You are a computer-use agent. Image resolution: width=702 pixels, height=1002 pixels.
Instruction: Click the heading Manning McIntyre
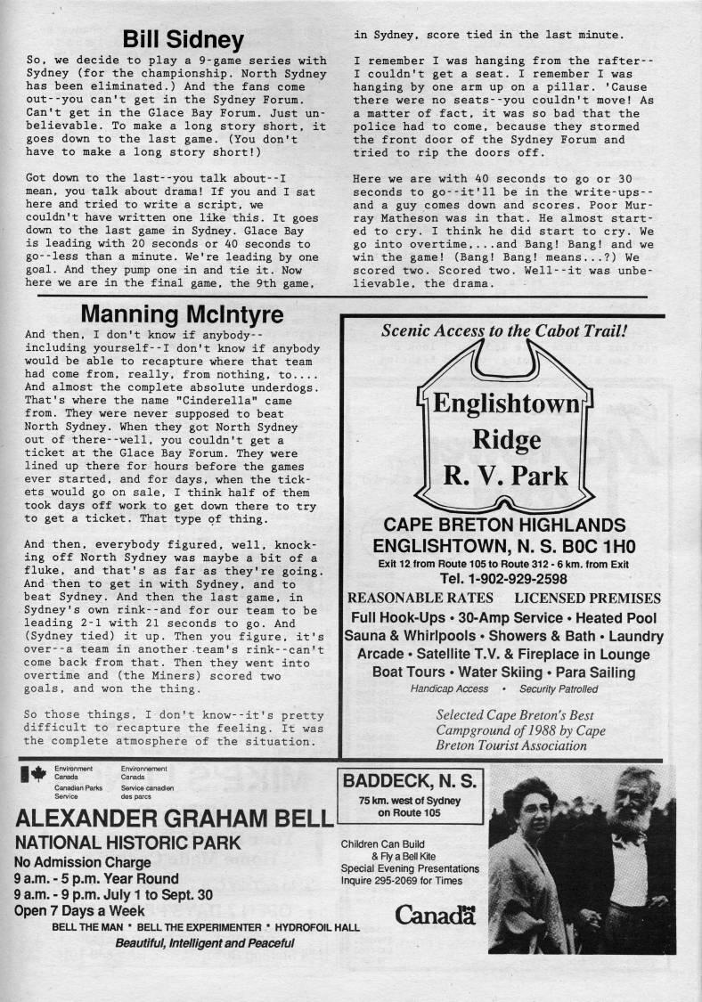[182, 314]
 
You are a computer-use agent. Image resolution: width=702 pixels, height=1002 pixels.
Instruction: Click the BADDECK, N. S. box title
[411, 782]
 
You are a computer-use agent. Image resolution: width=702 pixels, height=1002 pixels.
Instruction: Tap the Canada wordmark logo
[435, 915]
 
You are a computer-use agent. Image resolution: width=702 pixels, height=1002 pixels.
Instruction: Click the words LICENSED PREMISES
[587, 598]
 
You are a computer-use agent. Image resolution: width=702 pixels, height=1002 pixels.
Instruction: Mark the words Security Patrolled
[559, 688]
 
